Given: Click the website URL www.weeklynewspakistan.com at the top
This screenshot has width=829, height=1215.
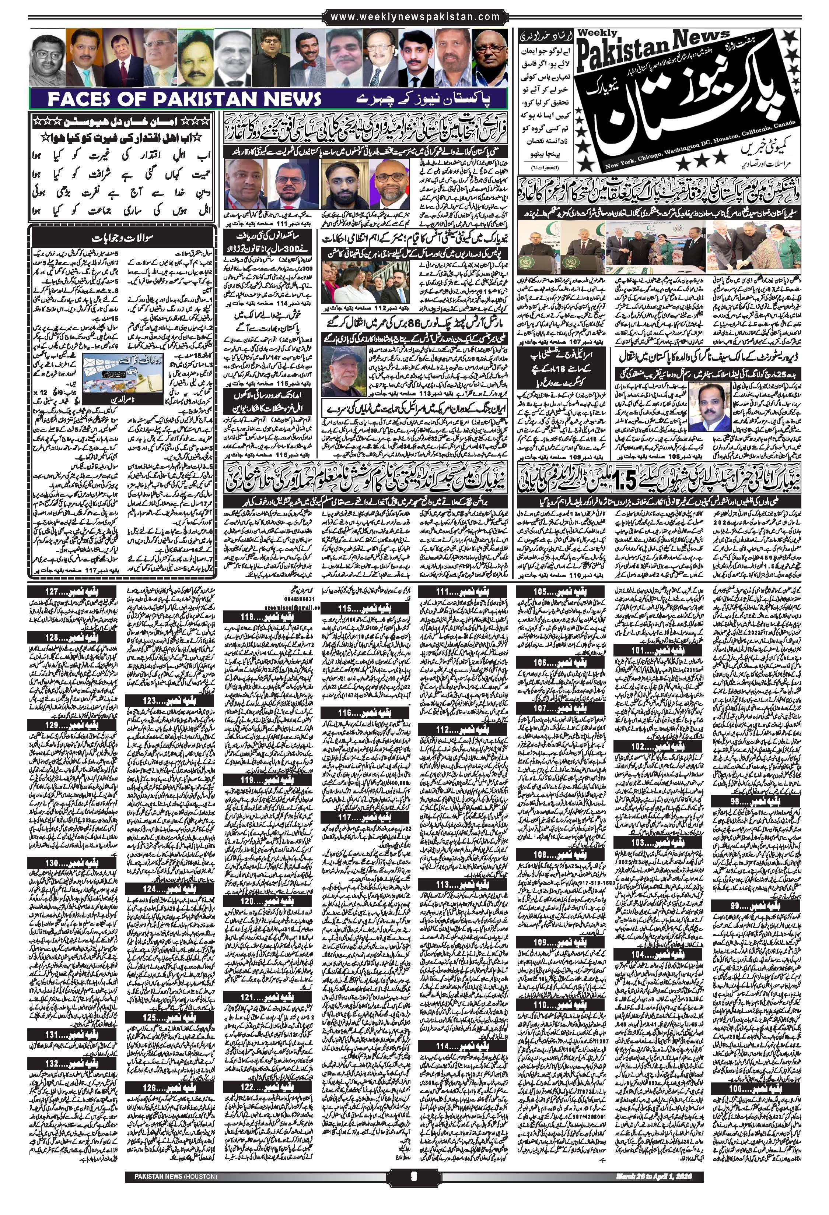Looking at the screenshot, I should tap(415, 17).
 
